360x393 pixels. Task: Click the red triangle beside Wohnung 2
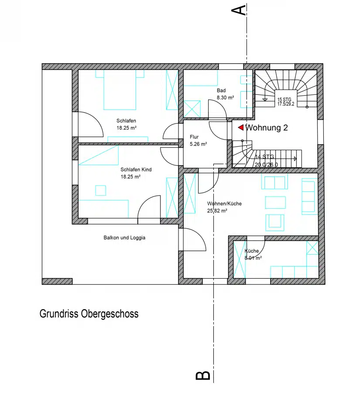(x=241, y=128)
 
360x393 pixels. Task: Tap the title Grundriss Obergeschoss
(x=89, y=314)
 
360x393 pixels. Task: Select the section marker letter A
(x=238, y=10)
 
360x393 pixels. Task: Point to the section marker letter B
(x=202, y=375)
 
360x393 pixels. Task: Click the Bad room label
(x=221, y=90)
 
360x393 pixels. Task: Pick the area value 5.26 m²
(x=199, y=144)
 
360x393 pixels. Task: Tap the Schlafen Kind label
(x=136, y=170)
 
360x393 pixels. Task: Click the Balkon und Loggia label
(x=124, y=238)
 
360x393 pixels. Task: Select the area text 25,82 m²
(x=217, y=211)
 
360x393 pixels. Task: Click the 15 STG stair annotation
(x=285, y=100)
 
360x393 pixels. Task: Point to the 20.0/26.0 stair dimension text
(x=266, y=165)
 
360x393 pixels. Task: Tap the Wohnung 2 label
(x=267, y=128)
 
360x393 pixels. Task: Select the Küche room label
(x=251, y=251)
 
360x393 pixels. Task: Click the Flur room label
(x=194, y=137)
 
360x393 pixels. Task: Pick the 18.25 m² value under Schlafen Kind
(x=130, y=177)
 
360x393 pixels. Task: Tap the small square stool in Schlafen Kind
(x=100, y=190)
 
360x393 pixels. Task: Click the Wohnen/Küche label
(x=224, y=203)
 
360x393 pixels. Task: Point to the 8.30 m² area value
(x=226, y=97)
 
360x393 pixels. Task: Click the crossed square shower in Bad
(x=192, y=109)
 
